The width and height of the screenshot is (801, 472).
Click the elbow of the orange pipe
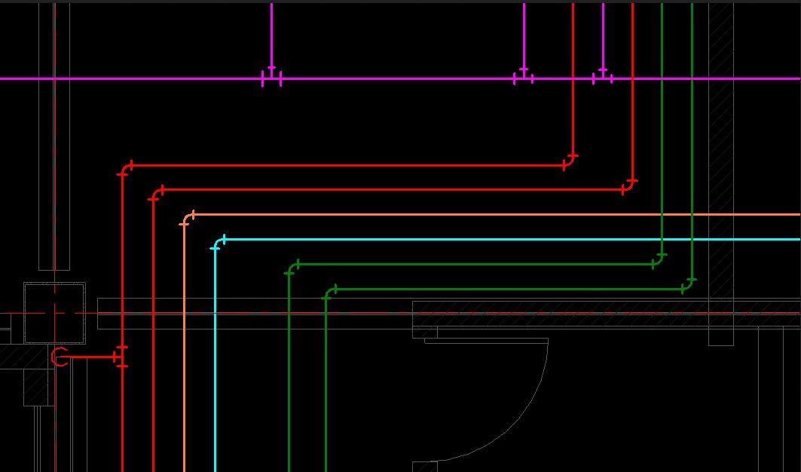[187, 218]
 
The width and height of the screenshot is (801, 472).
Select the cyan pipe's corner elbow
[218, 243]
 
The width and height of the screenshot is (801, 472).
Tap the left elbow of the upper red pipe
[125, 169]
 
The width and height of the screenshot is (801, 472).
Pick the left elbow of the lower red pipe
[156, 193]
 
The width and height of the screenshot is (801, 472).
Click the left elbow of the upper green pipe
[292, 268]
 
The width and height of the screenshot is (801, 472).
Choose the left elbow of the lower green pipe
[329, 293]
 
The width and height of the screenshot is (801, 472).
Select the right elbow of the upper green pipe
[659, 261]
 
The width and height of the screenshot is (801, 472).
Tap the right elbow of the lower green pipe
[688, 285]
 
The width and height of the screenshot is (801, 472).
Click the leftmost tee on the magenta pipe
[271, 77]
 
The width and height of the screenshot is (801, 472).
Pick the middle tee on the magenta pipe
[524, 77]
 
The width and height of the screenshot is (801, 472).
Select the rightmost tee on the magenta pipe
[603, 77]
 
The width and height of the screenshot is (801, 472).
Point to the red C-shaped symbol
[60, 357]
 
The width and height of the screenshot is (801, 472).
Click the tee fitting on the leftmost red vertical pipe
[121, 357]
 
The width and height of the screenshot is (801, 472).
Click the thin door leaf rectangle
[486, 341]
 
